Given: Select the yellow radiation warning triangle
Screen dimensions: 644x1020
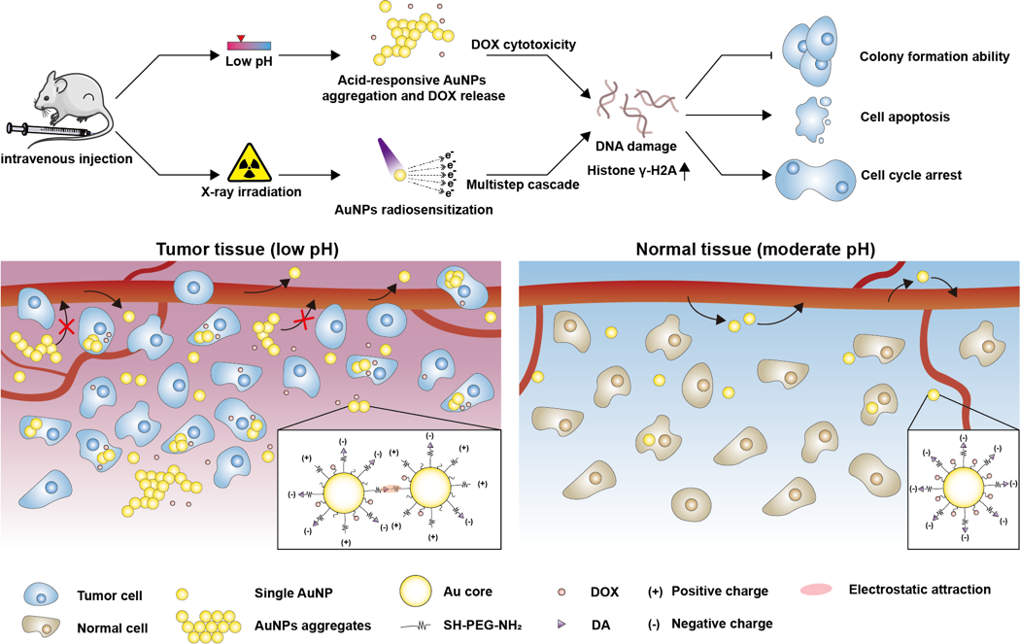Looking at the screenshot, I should click(x=250, y=162).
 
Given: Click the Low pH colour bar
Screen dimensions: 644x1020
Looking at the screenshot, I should click(x=249, y=45).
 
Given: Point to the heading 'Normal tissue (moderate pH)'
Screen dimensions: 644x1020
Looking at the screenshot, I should click(x=755, y=248).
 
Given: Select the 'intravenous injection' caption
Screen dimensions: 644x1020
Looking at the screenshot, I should click(x=67, y=158).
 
